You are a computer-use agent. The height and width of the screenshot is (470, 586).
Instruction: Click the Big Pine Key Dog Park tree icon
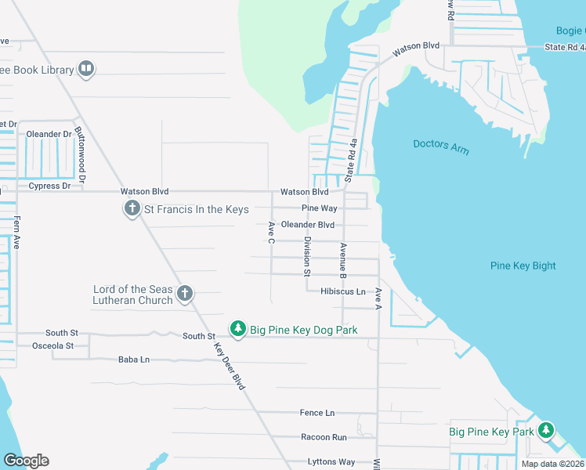[238, 330]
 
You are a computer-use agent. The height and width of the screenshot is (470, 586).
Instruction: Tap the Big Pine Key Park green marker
[546, 431]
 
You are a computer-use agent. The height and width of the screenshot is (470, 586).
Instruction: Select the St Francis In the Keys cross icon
[132, 209]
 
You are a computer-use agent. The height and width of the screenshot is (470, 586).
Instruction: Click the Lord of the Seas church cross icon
[184, 294]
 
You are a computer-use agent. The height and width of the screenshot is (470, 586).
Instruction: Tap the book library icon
[86, 70]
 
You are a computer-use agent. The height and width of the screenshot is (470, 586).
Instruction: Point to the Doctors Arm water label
[441, 146]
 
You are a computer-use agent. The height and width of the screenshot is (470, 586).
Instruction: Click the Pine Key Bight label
[523, 266]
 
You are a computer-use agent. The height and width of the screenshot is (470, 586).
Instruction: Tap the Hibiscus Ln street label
[343, 291]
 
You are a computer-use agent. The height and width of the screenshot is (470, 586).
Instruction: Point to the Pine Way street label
[320, 208]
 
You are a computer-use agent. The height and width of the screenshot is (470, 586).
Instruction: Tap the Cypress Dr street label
[49, 186]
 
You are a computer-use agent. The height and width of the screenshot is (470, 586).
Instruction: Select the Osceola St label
[52, 345]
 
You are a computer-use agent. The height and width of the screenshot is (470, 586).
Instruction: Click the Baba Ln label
[133, 360]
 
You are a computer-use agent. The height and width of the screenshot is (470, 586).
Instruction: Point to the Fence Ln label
[317, 413]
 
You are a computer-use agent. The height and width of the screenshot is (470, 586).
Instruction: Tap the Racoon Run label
[324, 437]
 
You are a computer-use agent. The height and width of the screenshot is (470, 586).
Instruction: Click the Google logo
[26, 461]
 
